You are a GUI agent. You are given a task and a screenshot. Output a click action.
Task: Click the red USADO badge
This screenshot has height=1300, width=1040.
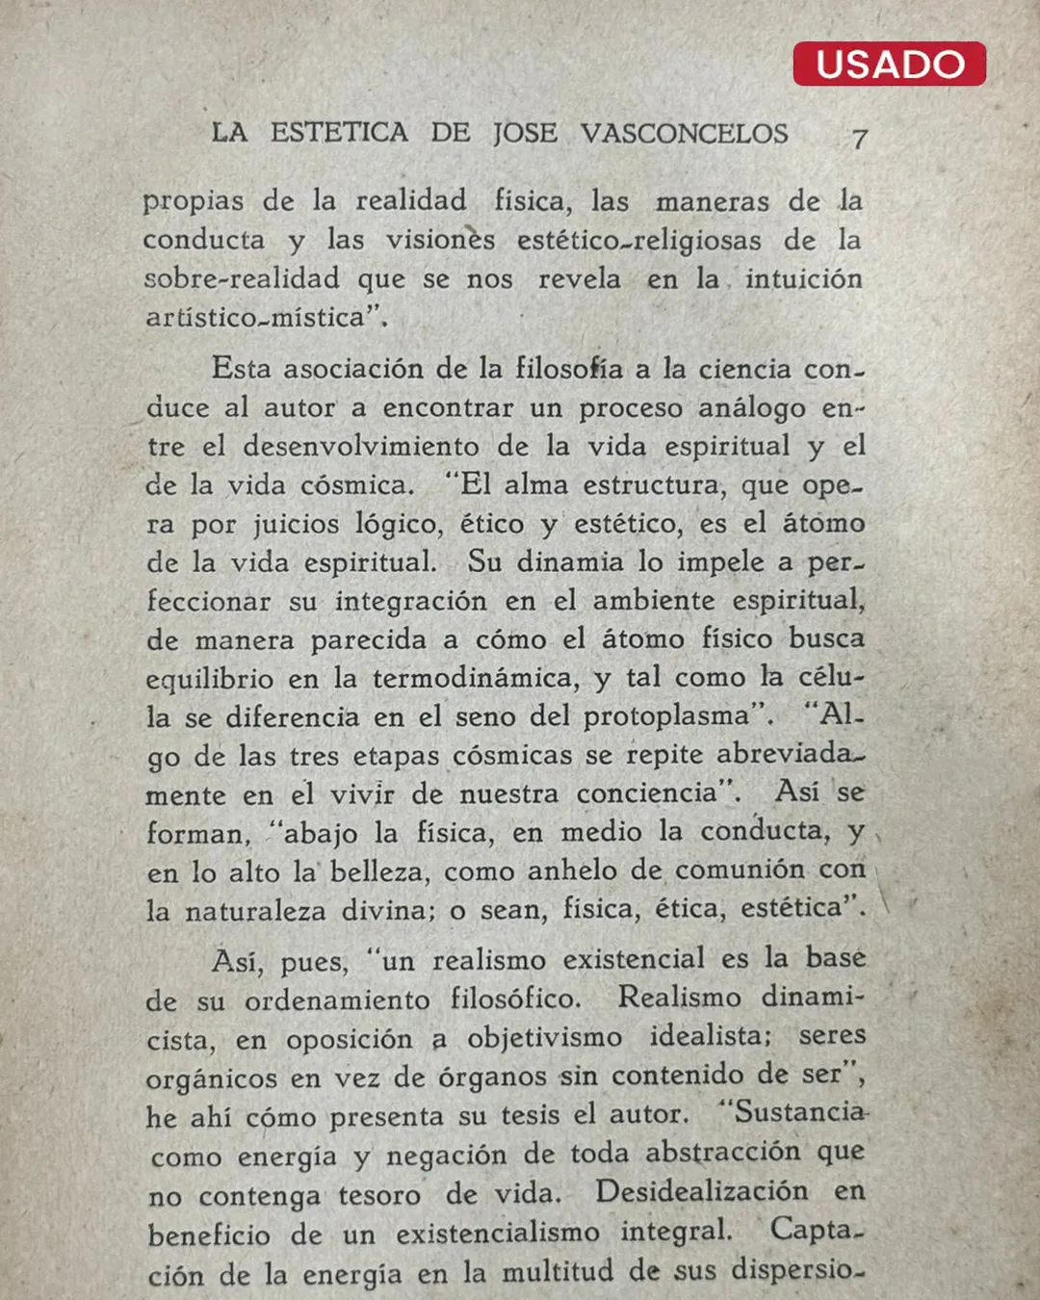coord(889,65)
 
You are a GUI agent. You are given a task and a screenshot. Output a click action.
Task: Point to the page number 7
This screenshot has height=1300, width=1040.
coord(859,139)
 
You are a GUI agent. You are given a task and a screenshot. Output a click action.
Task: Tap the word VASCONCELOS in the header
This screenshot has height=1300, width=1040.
coord(684,133)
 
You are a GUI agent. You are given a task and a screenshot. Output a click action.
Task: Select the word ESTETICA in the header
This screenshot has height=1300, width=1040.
coord(339,132)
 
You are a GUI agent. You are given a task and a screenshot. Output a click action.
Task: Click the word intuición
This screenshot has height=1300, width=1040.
coord(803,279)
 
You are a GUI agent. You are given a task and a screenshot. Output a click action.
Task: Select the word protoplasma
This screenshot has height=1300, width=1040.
coord(665,717)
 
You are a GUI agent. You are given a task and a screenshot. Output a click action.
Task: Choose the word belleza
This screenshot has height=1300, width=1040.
coord(377,872)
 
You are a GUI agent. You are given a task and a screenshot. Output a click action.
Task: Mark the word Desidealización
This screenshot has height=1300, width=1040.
coord(701,1192)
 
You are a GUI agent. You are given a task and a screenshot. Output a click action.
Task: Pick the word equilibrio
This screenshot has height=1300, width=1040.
coord(209,680)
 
